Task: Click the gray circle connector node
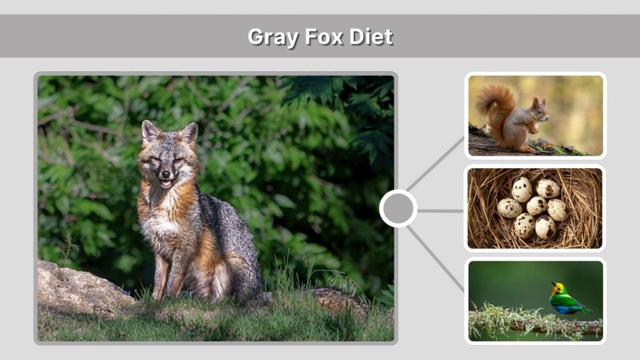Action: [x=398, y=209]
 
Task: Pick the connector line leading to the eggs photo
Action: [x=441, y=211]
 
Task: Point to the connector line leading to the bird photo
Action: [x=437, y=259]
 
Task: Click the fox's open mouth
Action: [x=166, y=183]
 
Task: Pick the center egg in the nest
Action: [x=536, y=206]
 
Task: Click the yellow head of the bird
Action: [x=557, y=288]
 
